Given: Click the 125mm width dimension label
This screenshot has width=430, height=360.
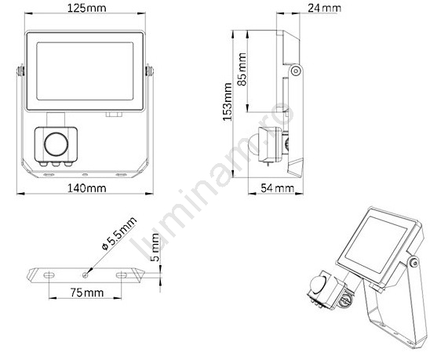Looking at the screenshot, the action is pyautogui.click(x=86, y=8).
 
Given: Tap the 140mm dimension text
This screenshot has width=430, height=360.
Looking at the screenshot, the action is pyautogui.click(x=86, y=188).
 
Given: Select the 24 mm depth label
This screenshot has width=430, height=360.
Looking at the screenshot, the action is pyautogui.click(x=324, y=8).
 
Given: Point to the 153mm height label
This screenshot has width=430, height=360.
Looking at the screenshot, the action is pyautogui.click(x=228, y=102).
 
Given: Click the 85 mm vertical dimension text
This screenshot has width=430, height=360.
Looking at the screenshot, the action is pyautogui.click(x=242, y=69).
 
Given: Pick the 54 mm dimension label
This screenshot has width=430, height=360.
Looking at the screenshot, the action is pyautogui.click(x=277, y=188).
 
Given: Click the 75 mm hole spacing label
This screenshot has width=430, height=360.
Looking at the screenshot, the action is pyautogui.click(x=87, y=293).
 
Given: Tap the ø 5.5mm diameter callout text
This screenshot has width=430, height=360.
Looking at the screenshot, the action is pyautogui.click(x=119, y=233).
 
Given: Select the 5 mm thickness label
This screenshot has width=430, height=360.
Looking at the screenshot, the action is pyautogui.click(x=155, y=247).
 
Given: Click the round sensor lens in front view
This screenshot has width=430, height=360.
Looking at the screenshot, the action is pyautogui.click(x=56, y=144).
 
